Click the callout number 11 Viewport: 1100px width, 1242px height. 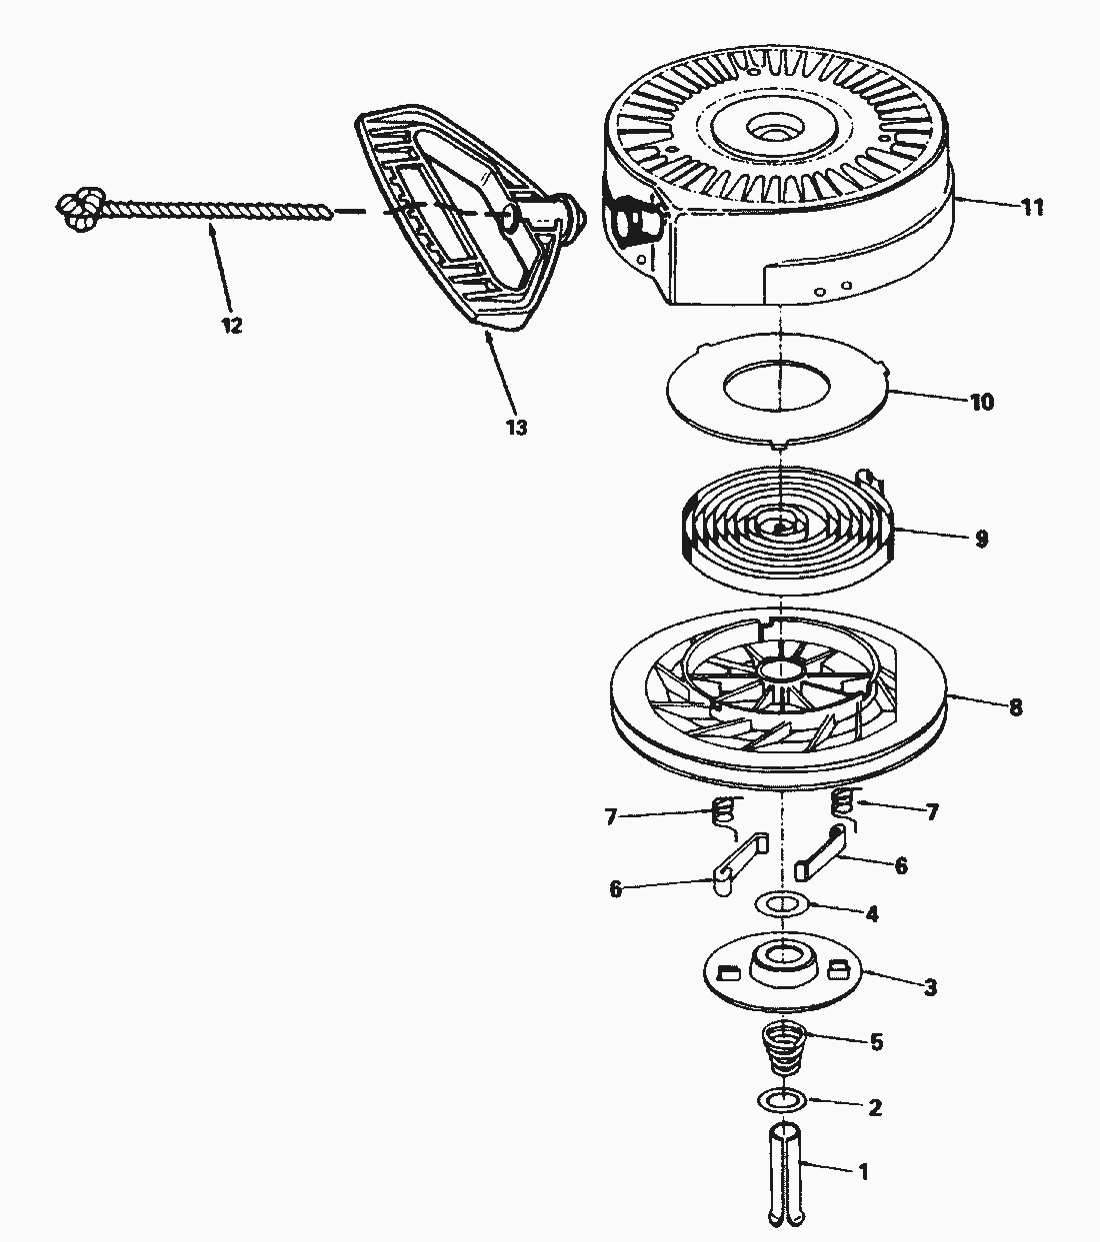(1032, 208)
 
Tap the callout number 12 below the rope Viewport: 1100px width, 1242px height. (232, 326)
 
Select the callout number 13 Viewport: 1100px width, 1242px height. (516, 428)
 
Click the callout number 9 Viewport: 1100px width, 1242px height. (981, 539)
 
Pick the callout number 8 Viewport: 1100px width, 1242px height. (1015, 707)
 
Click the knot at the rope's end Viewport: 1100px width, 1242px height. (76, 206)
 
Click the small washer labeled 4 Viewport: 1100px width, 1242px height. (782, 904)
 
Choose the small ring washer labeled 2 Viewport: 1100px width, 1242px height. (781, 1100)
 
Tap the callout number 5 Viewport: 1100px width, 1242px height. (876, 1042)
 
